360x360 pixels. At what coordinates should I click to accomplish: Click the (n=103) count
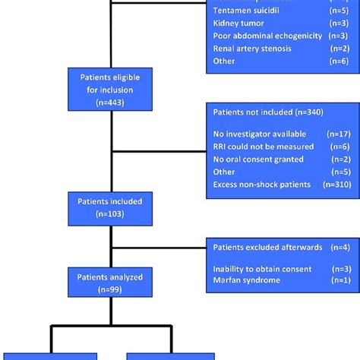click(112, 215)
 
